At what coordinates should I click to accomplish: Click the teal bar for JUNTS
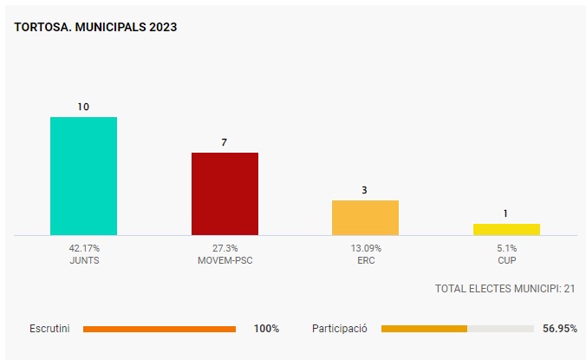(x=83, y=175)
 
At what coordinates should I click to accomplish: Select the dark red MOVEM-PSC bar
(x=225, y=193)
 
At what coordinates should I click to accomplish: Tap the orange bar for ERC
(x=365, y=217)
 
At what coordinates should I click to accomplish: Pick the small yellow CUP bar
(x=506, y=229)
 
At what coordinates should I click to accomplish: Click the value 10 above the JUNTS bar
(x=83, y=107)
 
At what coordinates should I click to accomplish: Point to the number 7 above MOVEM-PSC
(x=225, y=142)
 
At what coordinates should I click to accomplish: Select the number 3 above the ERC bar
(x=365, y=189)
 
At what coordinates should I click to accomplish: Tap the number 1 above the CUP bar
(x=506, y=213)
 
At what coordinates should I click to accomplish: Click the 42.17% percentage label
(x=84, y=247)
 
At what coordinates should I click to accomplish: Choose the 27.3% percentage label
(x=225, y=247)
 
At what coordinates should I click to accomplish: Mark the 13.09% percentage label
(x=365, y=247)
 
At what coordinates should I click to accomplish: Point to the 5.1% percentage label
(x=506, y=247)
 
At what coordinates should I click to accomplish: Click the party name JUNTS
(x=84, y=259)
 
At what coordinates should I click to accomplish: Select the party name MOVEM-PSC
(x=225, y=259)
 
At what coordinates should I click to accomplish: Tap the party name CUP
(x=506, y=259)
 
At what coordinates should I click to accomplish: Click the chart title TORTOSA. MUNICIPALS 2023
(x=96, y=27)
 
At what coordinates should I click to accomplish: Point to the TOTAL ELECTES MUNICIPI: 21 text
(x=505, y=288)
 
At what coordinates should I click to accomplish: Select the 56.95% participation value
(x=560, y=329)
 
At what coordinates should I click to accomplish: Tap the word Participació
(x=340, y=329)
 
